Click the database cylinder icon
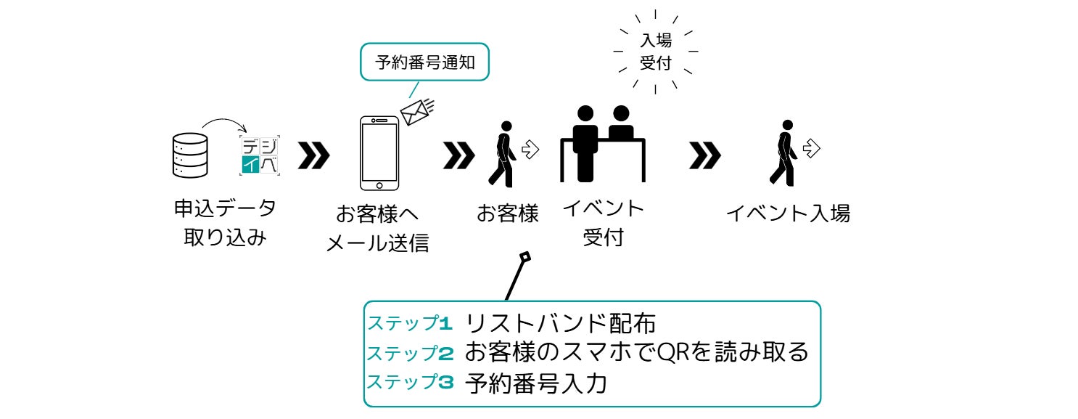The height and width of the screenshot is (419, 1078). pos(189,154)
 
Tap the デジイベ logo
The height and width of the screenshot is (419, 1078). pos(260,155)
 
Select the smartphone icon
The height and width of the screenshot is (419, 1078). pos(379,152)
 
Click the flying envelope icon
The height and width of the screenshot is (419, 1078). pos(416,111)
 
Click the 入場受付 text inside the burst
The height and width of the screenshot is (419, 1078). pos(655,52)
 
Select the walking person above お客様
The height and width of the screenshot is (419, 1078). pos(502,152)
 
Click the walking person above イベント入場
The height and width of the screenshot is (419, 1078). pos(782,152)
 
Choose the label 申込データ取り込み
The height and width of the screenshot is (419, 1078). pos(225,223)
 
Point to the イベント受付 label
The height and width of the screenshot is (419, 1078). pos(603,223)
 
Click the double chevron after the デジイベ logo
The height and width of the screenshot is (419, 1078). pos(313,155)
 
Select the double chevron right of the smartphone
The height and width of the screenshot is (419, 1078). pos(458,155)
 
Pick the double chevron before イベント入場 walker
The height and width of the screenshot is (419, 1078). pos(705,155)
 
